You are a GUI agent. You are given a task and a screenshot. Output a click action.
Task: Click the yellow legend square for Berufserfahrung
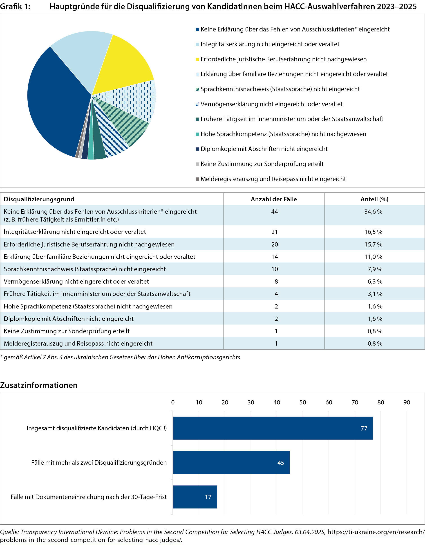[197, 59]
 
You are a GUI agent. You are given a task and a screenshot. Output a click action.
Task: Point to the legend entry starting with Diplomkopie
[264, 149]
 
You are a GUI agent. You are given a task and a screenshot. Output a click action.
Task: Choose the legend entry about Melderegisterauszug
[273, 179]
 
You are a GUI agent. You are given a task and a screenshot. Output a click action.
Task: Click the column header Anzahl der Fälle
[274, 199]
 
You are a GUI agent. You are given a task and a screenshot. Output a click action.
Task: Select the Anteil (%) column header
[374, 199]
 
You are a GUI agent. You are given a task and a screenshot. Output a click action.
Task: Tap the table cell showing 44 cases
[274, 212]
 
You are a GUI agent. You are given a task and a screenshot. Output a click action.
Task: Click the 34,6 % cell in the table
[373, 212]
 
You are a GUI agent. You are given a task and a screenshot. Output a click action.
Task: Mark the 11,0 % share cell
[373, 257]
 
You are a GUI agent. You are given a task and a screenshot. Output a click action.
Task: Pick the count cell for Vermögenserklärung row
[276, 282]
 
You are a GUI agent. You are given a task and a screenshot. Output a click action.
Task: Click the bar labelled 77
[273, 428]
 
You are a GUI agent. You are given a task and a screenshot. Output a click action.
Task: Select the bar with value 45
[231, 462]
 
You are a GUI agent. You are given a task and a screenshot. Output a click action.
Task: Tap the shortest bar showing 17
[195, 497]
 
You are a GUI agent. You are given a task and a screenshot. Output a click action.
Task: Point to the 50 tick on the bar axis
[303, 402]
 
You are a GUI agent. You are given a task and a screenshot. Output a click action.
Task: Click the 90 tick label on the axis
[407, 402]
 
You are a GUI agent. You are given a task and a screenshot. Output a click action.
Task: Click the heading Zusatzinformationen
[39, 385]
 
